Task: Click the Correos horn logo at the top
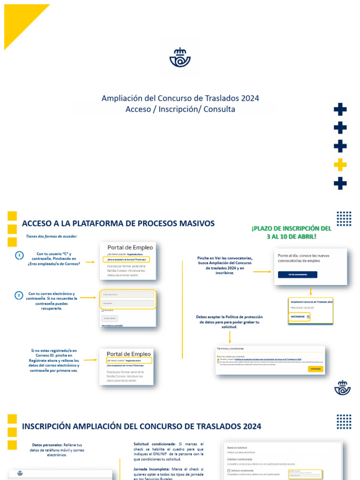pos(180,57)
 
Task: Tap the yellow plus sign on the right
pos(340,165)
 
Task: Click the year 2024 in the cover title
pos(250,98)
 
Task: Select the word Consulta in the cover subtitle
pos(219,109)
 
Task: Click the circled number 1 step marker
pos(19,255)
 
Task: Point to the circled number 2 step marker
pos(19,295)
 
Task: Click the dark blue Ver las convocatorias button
pos(297,275)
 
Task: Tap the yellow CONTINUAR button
pos(315,369)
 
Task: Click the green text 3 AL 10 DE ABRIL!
pos(291,236)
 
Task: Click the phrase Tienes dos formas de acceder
pos(52,236)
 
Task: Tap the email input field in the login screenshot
pos(127,294)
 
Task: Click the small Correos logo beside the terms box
pos(342,388)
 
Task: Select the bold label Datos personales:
pos(47,445)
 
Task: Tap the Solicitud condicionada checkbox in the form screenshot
pos(228,471)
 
